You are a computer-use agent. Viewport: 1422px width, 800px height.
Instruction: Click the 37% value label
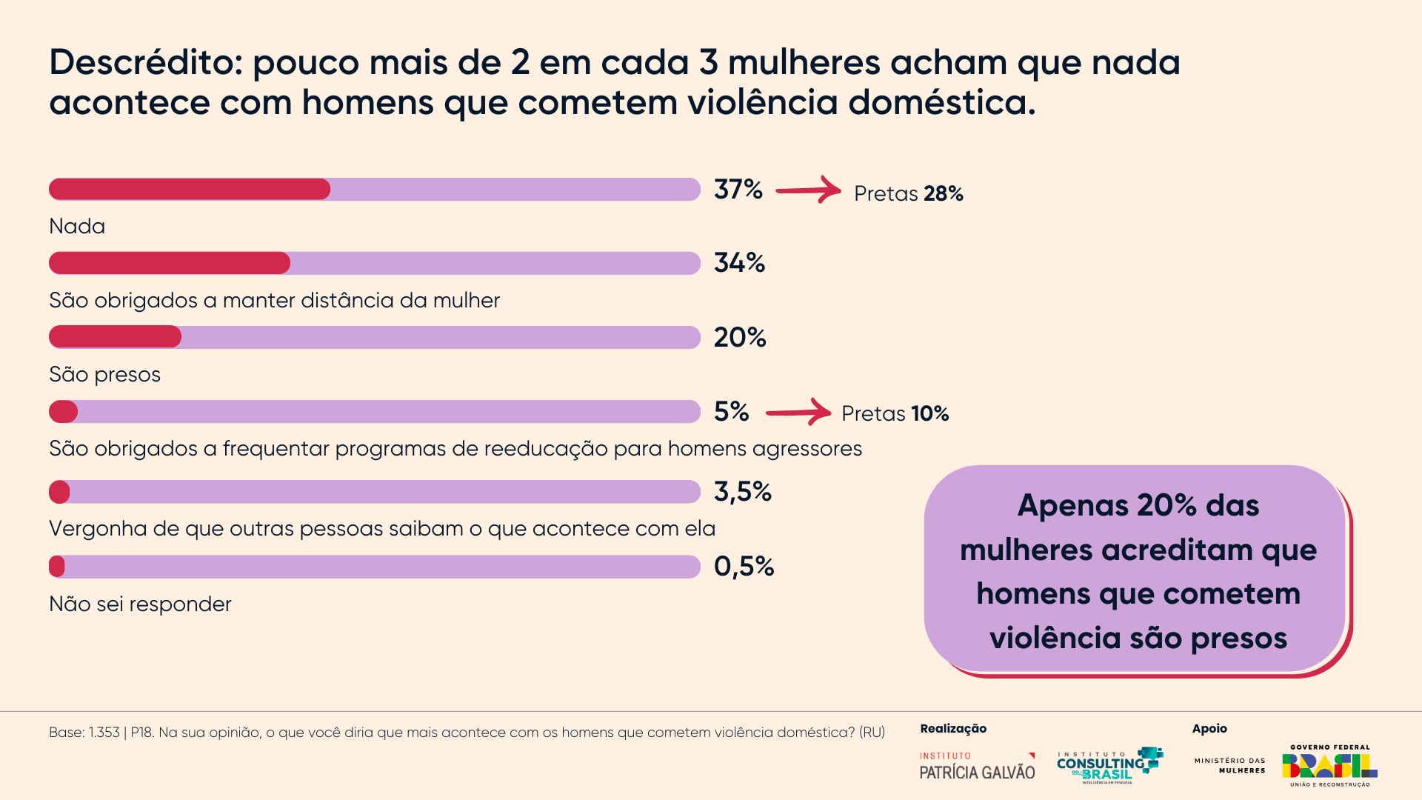[738, 190]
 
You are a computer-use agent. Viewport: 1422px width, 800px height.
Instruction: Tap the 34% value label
[739, 263]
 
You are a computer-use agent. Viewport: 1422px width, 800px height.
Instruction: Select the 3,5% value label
[742, 492]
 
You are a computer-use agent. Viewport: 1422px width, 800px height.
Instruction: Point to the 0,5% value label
[744, 567]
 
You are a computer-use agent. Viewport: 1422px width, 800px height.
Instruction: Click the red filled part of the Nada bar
[190, 190]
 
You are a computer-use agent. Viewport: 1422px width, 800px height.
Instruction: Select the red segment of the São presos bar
[115, 337]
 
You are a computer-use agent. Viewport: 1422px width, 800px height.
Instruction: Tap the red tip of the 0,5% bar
[56, 567]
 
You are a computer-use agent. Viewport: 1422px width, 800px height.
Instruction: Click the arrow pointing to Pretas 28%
[808, 190]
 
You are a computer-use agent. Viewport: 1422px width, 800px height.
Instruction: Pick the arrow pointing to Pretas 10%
[798, 412]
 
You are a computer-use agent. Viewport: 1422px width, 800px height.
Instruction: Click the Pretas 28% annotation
[908, 193]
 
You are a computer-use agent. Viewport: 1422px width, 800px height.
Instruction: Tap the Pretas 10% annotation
[895, 413]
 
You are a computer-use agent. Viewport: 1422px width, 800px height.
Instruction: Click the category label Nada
[77, 226]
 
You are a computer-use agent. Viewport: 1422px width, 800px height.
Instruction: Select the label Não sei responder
[140, 604]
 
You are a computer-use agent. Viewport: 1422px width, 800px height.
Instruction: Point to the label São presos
[104, 374]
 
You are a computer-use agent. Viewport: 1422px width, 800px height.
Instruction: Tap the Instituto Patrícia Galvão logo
[977, 766]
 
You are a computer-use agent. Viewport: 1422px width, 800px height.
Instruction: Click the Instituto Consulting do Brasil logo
[1109, 765]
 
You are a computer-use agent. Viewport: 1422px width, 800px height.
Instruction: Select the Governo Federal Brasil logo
[1329, 766]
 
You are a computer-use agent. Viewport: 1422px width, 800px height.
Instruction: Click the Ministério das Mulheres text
[1229, 765]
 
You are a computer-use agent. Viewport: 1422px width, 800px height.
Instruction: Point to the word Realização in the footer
[953, 729]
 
